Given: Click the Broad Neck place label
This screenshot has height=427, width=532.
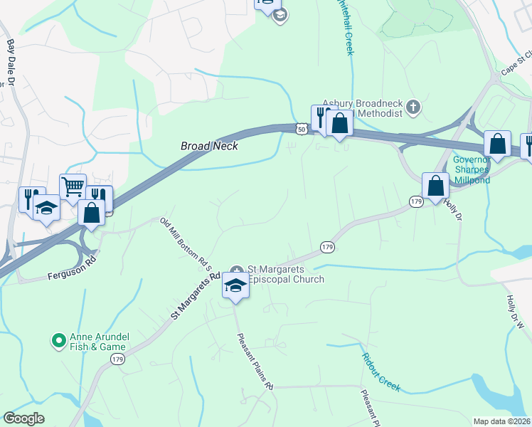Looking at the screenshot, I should click(x=208, y=146).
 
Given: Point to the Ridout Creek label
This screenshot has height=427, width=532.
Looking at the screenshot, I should click(x=380, y=371).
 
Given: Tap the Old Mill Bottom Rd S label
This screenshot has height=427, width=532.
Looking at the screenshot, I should click(x=186, y=244).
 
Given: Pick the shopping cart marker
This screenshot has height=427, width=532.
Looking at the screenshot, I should click(x=73, y=187).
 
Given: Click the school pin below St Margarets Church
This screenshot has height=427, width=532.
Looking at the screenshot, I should click(x=235, y=285).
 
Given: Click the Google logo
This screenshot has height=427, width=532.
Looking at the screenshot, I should click(x=23, y=418).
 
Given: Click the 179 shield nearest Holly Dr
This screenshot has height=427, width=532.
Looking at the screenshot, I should click(x=417, y=203).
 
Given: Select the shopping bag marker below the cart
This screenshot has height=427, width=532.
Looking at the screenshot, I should click(x=92, y=211).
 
